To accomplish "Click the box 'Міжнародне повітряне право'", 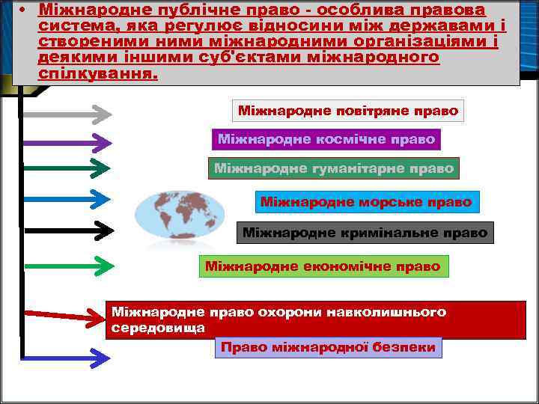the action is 348,111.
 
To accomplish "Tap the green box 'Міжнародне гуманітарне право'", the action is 334,168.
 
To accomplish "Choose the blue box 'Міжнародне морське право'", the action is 366,202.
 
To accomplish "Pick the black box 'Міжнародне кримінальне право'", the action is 365,233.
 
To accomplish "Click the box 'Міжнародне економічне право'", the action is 323,266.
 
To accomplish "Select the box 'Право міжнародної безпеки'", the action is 328,348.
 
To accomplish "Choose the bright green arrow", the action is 67,264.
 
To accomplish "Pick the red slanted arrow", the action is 64,315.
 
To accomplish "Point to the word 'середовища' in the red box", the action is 157,328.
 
